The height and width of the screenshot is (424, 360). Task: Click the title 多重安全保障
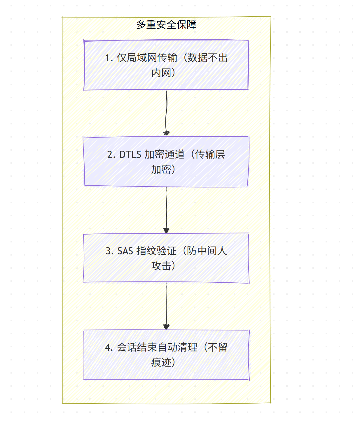point(166,25)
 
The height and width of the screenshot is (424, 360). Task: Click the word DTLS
point(130,154)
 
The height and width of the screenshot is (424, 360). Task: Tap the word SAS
point(125,251)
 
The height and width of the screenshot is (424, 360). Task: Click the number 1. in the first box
point(109,58)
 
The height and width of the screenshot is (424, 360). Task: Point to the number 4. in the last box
point(109,348)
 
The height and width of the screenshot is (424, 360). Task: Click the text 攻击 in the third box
point(161,266)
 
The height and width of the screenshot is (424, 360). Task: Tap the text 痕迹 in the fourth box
point(161,363)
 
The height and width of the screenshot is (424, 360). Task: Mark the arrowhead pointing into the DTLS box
point(166,134)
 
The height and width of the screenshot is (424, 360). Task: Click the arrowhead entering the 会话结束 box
point(166,327)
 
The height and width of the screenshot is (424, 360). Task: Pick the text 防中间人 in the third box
point(207,251)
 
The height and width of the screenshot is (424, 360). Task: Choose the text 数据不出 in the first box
point(207,58)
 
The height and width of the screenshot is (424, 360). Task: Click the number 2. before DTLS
point(111,154)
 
